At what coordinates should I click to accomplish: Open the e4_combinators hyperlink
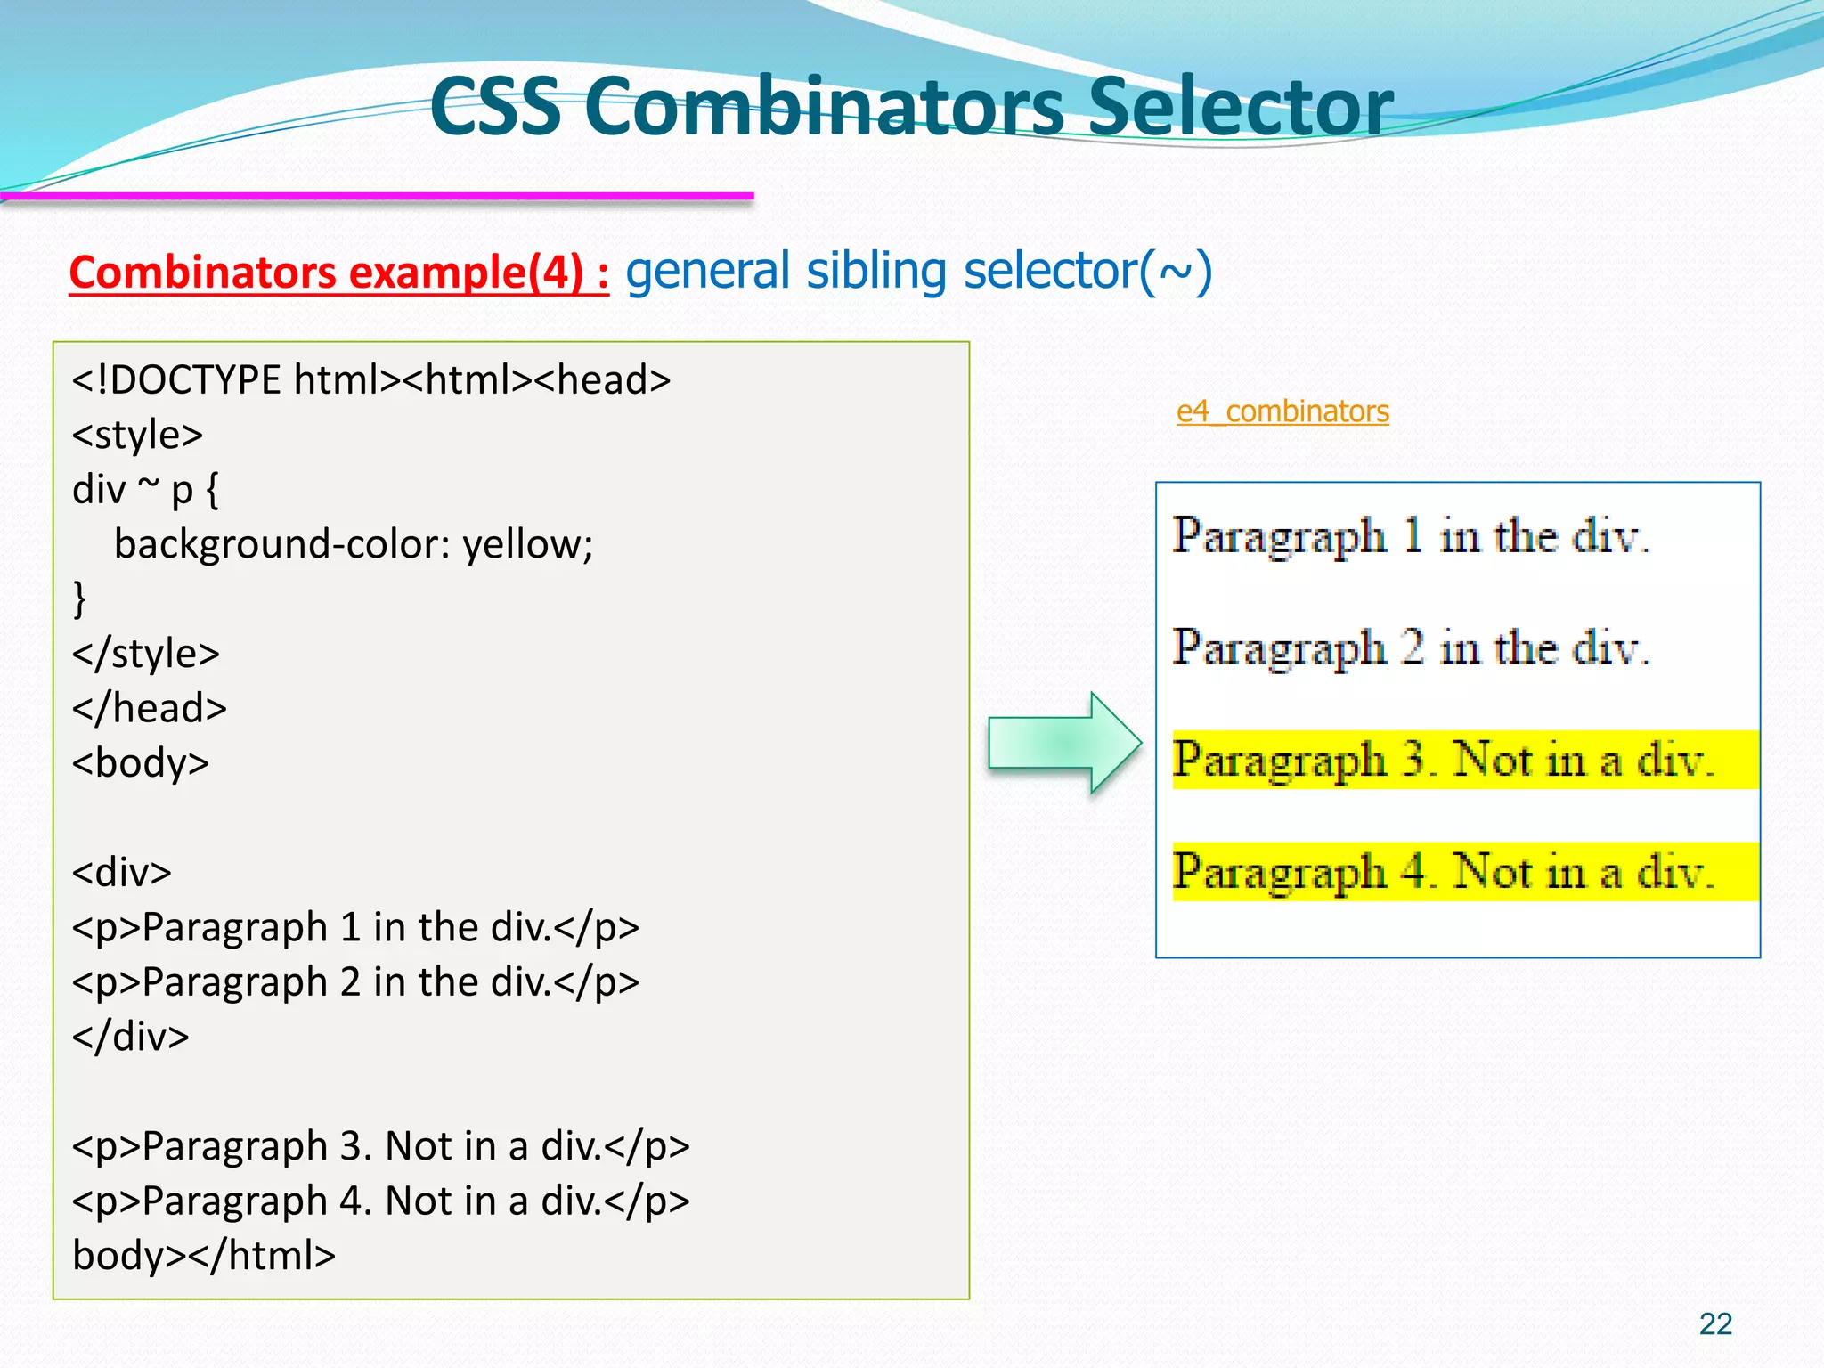[1282, 411]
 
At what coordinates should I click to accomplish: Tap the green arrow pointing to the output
[1064, 742]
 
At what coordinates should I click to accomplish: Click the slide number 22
[1715, 1324]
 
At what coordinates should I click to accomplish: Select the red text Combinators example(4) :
[338, 273]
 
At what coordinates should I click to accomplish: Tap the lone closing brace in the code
[79, 598]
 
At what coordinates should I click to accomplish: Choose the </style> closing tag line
[146, 654]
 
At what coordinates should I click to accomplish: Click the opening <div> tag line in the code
[122, 872]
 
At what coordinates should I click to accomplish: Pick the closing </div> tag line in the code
[131, 1037]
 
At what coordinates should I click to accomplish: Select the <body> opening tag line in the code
[141, 763]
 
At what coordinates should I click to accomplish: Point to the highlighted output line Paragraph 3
[1443, 761]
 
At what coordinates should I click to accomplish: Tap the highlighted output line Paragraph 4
[1443, 872]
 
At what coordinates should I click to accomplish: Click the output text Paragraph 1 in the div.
[1411, 537]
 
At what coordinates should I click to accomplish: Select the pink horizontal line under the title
[377, 196]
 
